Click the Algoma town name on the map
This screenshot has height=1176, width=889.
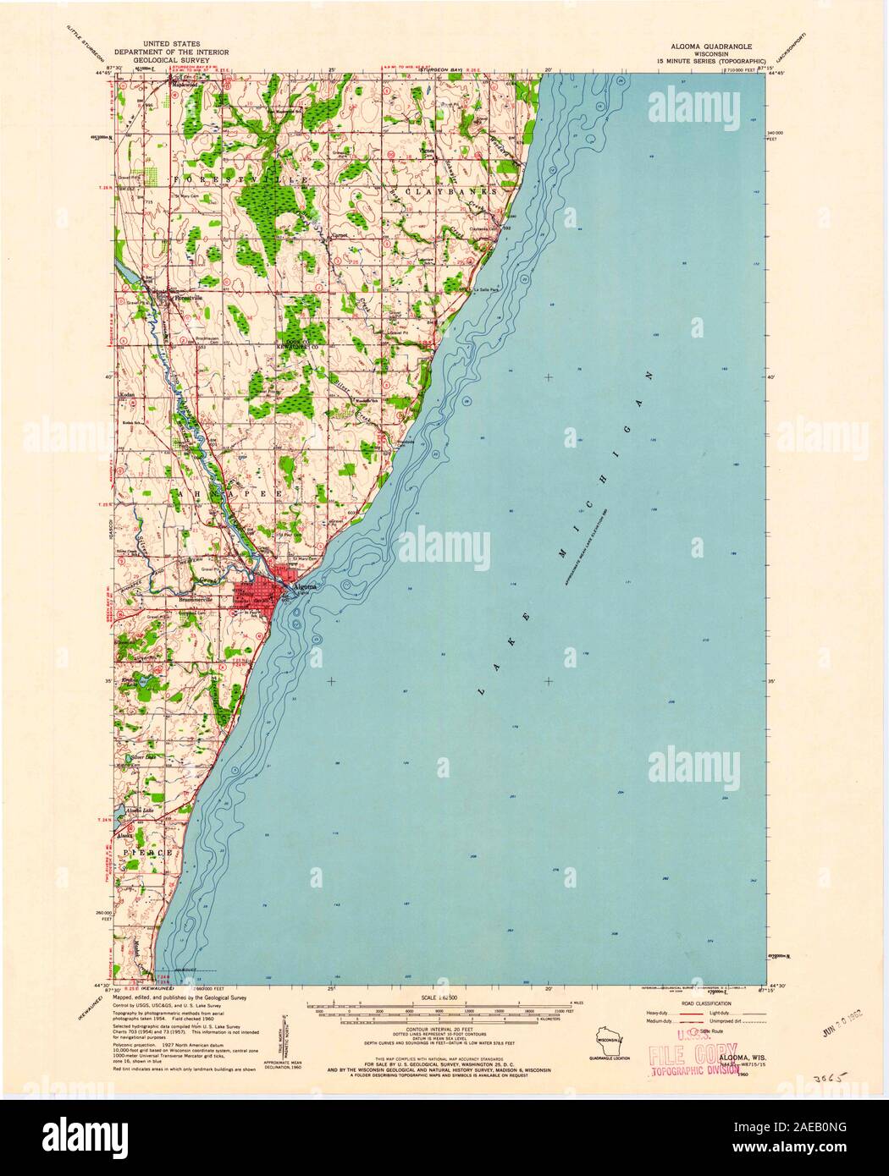click(303, 585)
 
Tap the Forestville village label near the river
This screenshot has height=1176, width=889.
click(187, 298)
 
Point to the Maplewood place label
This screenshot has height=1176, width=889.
click(185, 84)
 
